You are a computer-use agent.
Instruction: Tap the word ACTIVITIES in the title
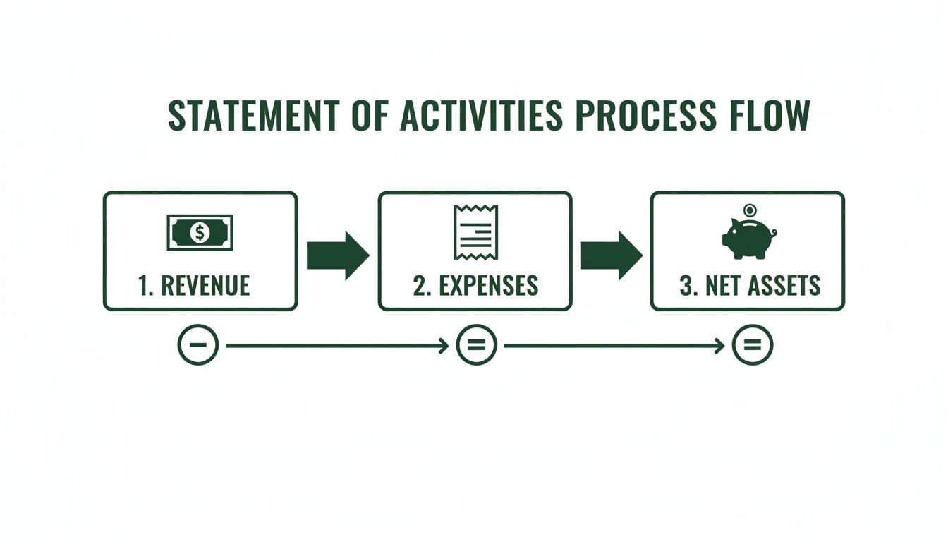(481, 116)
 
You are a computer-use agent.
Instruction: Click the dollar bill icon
(200, 232)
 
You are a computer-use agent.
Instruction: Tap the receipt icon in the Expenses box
(475, 232)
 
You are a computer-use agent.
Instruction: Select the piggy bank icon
(748, 239)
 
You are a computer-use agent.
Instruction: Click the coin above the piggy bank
(748, 209)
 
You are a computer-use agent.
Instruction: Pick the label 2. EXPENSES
(475, 285)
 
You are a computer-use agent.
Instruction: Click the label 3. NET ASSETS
(750, 285)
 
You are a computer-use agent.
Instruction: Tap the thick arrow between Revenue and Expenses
(338, 254)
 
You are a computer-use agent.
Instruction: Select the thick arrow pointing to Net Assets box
(611, 254)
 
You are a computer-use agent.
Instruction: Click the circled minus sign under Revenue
(198, 345)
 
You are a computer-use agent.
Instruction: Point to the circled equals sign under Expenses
(478, 345)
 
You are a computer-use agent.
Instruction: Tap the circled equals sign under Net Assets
(753, 345)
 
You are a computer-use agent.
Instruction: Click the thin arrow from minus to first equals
(337, 346)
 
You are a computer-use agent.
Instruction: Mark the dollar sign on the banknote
(200, 231)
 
